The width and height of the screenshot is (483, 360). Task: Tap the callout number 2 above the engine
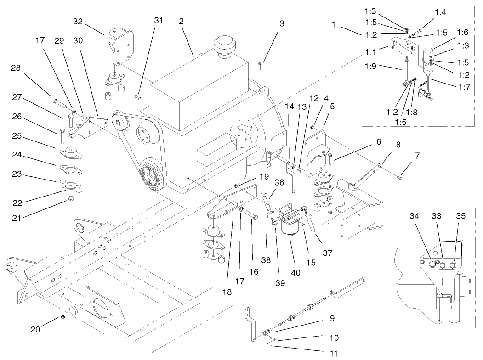pyautogui.click(x=182, y=21)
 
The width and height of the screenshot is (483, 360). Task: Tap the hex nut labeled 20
pyautogui.click(x=62, y=318)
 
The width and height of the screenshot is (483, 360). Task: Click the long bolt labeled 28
pyautogui.click(x=60, y=102)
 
